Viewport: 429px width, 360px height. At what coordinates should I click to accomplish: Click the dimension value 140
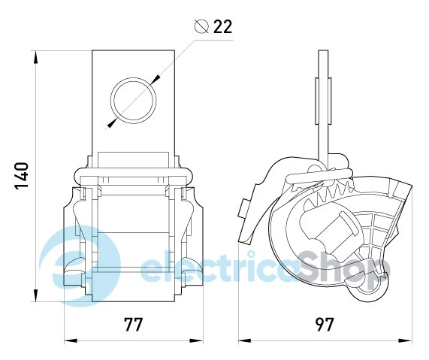coord(21,176)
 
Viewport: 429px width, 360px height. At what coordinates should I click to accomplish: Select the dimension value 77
coord(133,325)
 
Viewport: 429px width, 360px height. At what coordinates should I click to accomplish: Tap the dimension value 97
coord(325,325)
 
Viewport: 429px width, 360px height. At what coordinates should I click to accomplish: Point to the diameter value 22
coord(222,26)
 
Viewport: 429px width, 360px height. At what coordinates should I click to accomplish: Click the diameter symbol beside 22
coord(201,26)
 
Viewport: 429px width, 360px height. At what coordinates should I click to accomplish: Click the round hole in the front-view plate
coord(133,101)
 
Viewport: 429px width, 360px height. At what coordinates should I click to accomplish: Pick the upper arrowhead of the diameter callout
coord(156,79)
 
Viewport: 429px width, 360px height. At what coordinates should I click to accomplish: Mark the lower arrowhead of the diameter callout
coord(111,123)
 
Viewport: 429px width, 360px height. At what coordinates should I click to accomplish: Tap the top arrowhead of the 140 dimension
coord(36,57)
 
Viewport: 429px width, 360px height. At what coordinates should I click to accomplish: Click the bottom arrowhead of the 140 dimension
coord(36,295)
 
